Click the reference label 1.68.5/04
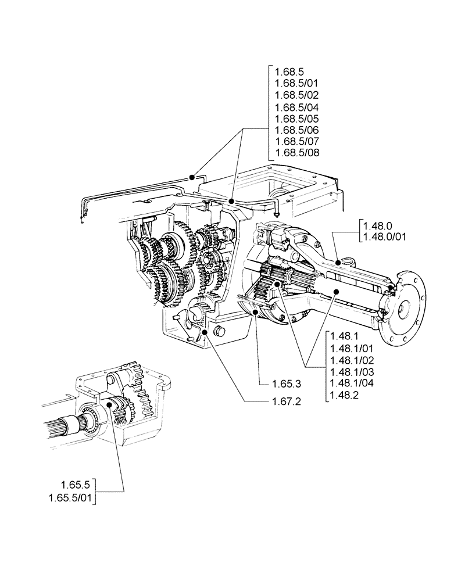tap(296, 107)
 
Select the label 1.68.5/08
tap(296, 153)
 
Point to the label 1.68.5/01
tap(296, 85)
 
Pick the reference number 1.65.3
tap(286, 383)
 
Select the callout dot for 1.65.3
tap(256, 312)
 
